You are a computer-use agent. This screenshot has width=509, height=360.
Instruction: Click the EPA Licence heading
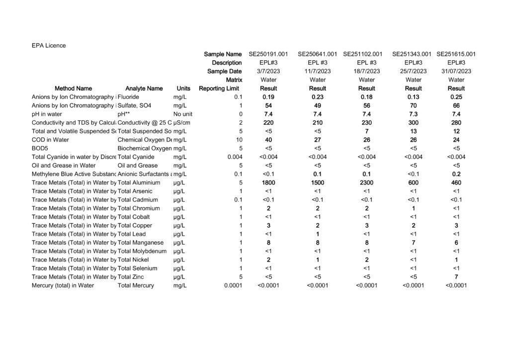49,46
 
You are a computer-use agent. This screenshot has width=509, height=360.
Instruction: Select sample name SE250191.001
268,54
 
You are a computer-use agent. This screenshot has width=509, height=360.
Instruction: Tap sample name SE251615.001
456,54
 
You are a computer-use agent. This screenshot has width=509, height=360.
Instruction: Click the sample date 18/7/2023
366,71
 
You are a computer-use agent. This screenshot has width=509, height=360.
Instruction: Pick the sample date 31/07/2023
456,71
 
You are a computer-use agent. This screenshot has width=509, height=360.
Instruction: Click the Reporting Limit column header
219,89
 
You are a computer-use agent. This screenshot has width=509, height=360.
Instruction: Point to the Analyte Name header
144,89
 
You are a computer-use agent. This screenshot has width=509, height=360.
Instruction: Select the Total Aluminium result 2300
366,183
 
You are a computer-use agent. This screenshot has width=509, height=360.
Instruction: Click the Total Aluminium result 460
456,183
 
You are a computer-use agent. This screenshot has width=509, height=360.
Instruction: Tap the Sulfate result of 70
413,106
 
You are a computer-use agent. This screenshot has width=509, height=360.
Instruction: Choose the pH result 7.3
413,114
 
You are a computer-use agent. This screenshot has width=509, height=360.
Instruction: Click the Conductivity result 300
413,123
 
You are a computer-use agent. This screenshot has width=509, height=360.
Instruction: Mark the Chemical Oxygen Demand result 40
268,140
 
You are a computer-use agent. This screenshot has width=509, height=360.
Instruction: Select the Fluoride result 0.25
456,97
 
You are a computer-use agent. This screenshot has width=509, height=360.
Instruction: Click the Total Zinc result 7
456,277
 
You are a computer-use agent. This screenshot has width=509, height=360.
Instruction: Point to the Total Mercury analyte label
136,285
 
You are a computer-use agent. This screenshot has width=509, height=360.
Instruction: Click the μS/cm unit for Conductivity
182,123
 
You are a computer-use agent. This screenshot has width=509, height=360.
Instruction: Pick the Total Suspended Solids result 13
413,131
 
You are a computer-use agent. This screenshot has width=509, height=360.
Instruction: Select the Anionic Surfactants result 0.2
456,175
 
